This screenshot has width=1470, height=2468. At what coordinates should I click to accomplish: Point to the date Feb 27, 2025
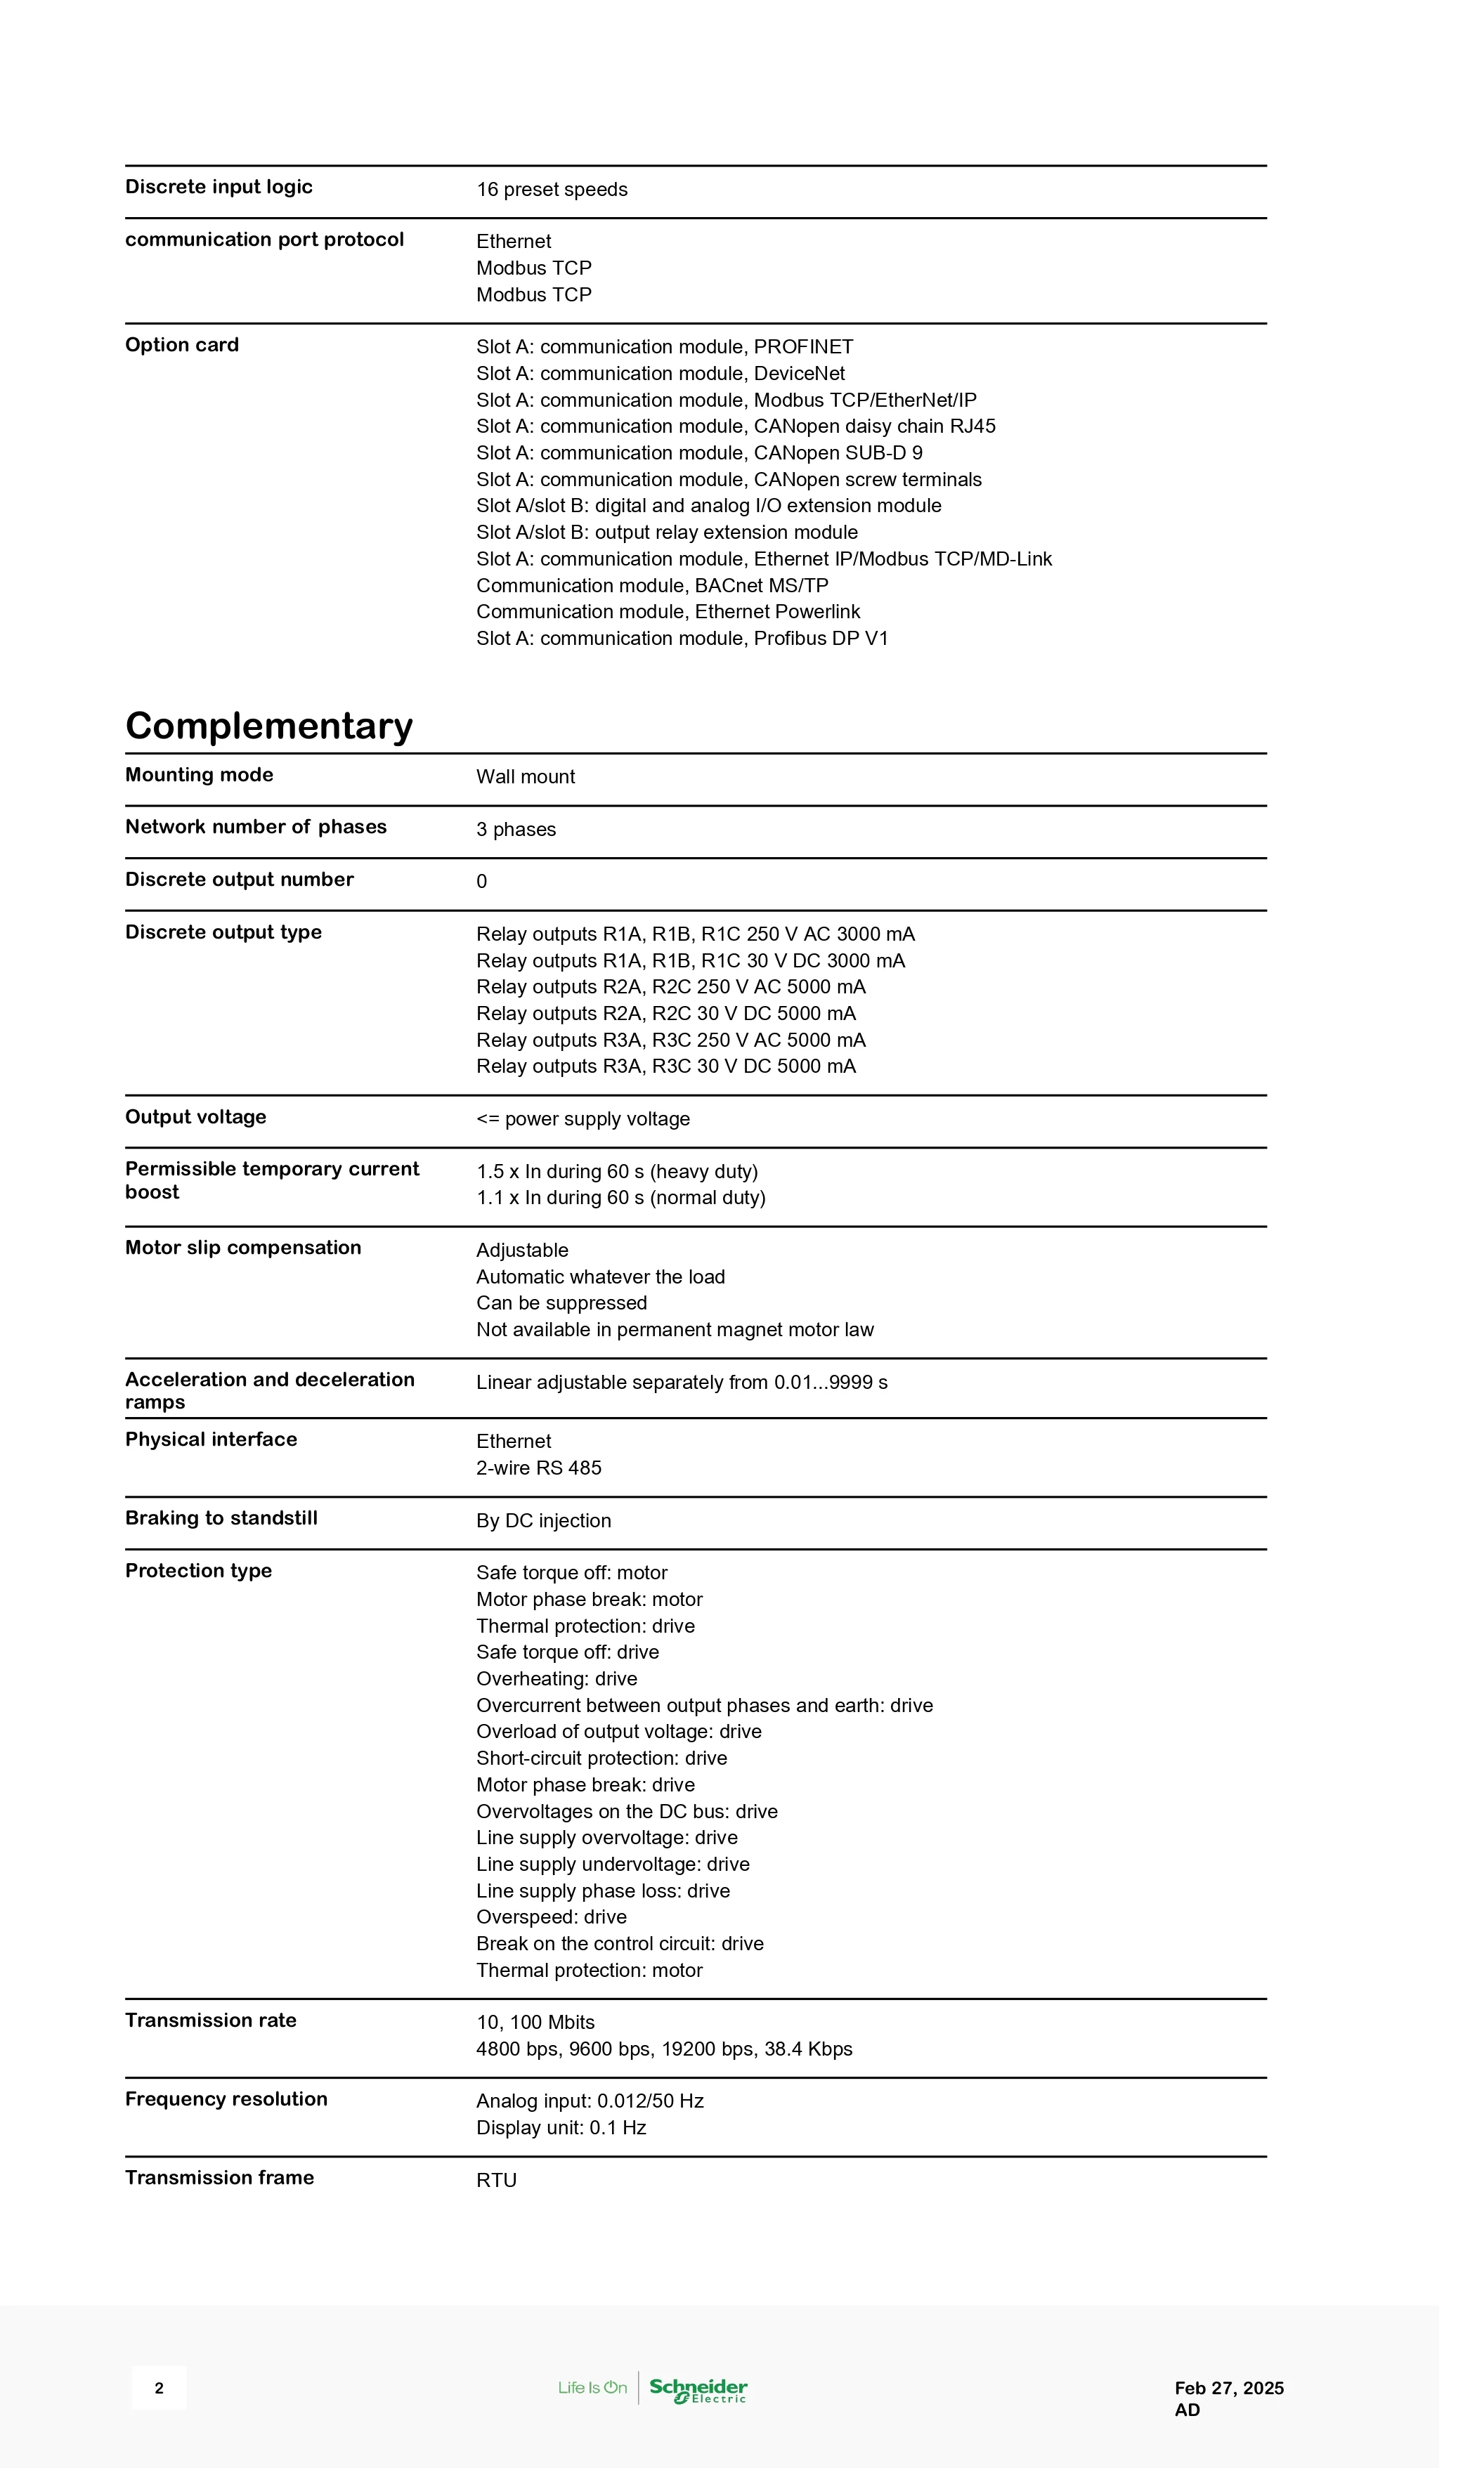(1228, 2388)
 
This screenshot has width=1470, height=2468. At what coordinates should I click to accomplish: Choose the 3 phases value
(516, 829)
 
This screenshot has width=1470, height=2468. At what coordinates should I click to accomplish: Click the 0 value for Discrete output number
(483, 882)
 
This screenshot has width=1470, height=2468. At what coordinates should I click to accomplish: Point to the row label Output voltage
(195, 1117)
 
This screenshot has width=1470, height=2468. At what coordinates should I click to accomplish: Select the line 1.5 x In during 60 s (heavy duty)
(617, 1172)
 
